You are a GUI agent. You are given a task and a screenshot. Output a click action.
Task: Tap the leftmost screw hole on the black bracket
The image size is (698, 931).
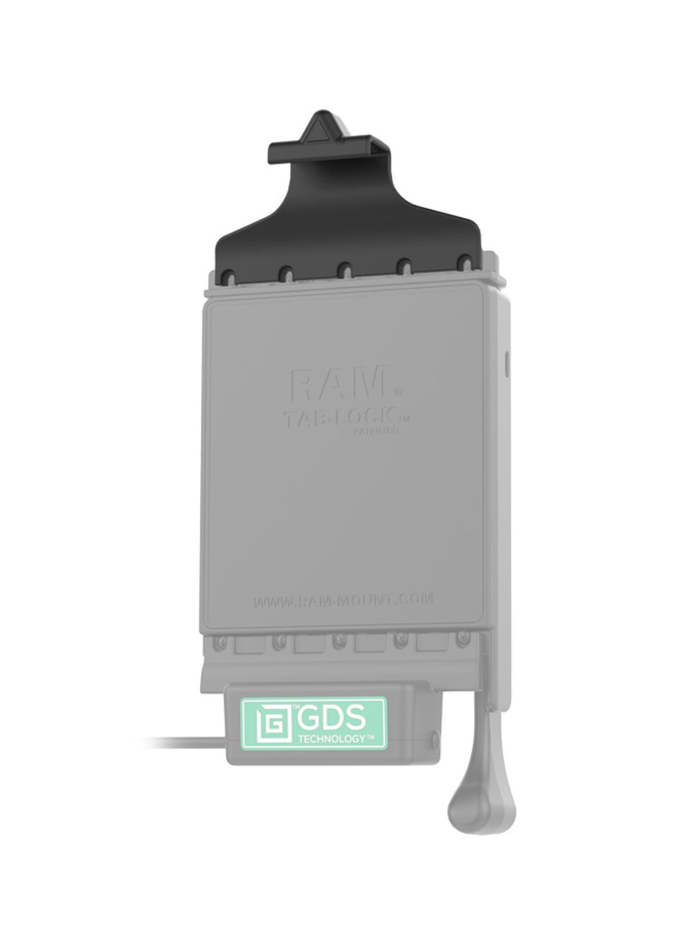pos(228,271)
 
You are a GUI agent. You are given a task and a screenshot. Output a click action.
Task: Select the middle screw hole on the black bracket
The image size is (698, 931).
pos(346,269)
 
